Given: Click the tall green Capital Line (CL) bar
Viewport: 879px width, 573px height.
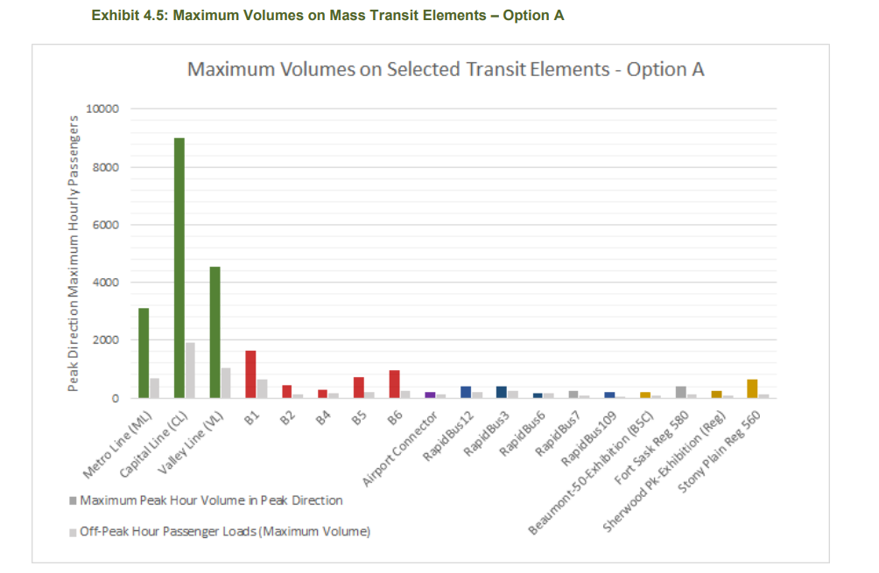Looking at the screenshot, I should [179, 268].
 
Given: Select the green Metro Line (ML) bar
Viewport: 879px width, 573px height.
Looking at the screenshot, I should [144, 353].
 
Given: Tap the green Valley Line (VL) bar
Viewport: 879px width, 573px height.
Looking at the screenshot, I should [214, 332].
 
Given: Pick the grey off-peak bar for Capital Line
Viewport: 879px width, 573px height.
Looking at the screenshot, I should [190, 370].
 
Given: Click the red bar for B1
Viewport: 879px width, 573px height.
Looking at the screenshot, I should [250, 374].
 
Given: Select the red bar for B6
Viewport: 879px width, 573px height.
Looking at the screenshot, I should [394, 384].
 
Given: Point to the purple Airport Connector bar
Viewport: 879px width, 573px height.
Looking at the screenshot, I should [430, 395].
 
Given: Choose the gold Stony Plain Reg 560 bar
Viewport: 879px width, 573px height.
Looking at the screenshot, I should [751, 388].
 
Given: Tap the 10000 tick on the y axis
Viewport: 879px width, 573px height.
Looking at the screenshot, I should [102, 109].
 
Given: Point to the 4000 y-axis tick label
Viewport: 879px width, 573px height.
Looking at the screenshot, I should [106, 283].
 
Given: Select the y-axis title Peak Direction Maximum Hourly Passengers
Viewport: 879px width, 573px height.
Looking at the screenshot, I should [74, 254].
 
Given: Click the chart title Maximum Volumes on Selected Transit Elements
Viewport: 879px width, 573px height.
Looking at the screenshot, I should [446, 70].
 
